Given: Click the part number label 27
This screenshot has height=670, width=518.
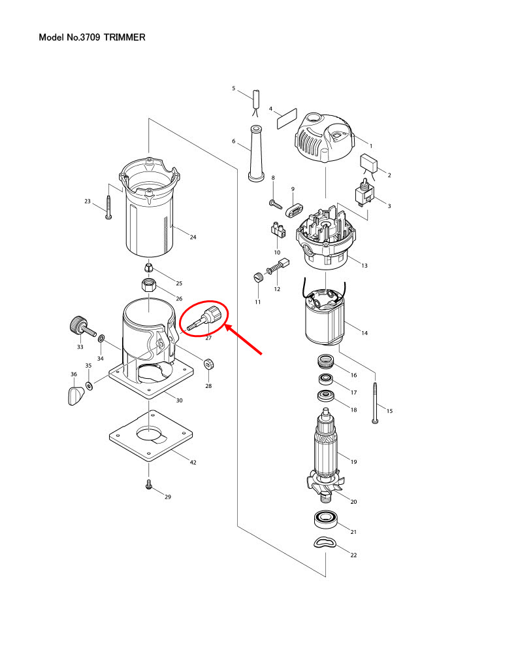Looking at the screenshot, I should pyautogui.click(x=208, y=338).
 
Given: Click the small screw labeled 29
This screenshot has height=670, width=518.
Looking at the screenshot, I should pyautogui.click(x=149, y=485).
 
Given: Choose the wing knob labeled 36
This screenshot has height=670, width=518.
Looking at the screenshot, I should pyautogui.click(x=76, y=397).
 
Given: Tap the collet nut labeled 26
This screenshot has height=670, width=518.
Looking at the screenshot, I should pyautogui.click(x=149, y=286).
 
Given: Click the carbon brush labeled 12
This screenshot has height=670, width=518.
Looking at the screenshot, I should pyautogui.click(x=283, y=266).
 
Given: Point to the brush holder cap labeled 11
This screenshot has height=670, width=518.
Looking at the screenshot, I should pyautogui.click(x=257, y=277).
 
